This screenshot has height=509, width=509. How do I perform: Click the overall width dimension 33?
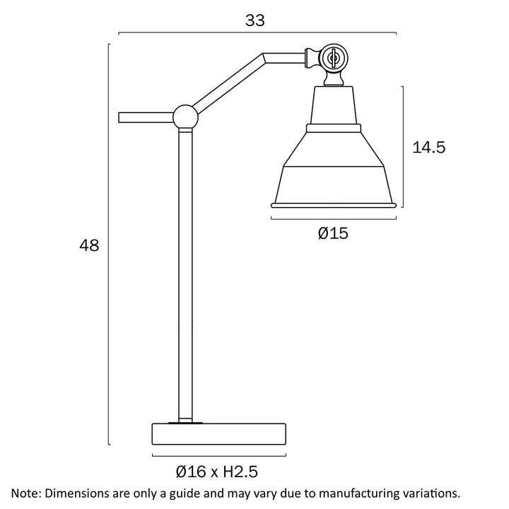(x=255, y=21)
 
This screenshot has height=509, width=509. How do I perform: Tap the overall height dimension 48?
(x=89, y=245)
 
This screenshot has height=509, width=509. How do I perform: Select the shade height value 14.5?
(x=428, y=147)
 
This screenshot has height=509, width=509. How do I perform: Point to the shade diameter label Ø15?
(x=333, y=233)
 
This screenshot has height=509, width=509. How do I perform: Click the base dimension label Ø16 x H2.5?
(x=216, y=472)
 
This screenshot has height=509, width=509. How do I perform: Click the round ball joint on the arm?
(x=185, y=117)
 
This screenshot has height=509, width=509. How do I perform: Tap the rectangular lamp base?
(x=219, y=433)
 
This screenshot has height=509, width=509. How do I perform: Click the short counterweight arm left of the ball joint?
(x=146, y=117)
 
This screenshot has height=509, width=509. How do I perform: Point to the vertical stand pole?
(x=185, y=275)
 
